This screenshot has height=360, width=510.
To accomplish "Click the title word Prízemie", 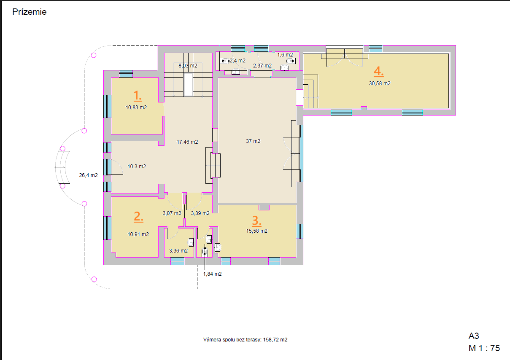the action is (30, 12).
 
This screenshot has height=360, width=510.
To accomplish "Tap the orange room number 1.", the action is (137, 96).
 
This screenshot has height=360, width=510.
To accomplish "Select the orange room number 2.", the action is (138, 216).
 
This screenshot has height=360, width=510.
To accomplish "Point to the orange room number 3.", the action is (256, 220).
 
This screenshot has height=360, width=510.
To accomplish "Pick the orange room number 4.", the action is (379, 71).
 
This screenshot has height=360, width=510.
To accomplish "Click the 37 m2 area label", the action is (253, 141).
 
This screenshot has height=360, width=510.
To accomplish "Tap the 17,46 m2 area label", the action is (187, 142).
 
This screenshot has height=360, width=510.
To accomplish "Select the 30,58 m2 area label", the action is (380, 83).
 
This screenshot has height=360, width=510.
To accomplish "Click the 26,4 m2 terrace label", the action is (88, 175).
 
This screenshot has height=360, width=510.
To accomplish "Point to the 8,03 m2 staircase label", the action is (188, 66).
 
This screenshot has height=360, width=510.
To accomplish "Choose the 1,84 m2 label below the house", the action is (212, 274).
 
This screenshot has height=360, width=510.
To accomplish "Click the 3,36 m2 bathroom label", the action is (178, 251).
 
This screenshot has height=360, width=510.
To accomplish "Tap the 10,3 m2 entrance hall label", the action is (137, 167).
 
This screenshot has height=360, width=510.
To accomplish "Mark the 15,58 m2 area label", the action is (256, 231).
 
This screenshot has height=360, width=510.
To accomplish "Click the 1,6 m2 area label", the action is (285, 55).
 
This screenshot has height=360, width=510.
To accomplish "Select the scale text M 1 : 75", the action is (484, 348).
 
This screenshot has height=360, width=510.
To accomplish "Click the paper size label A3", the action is (474, 336).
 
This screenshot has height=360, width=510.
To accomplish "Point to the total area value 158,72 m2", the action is (275, 340).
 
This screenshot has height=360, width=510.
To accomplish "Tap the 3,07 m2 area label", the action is (172, 213).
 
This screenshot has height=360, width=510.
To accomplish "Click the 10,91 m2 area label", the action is (138, 234).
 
